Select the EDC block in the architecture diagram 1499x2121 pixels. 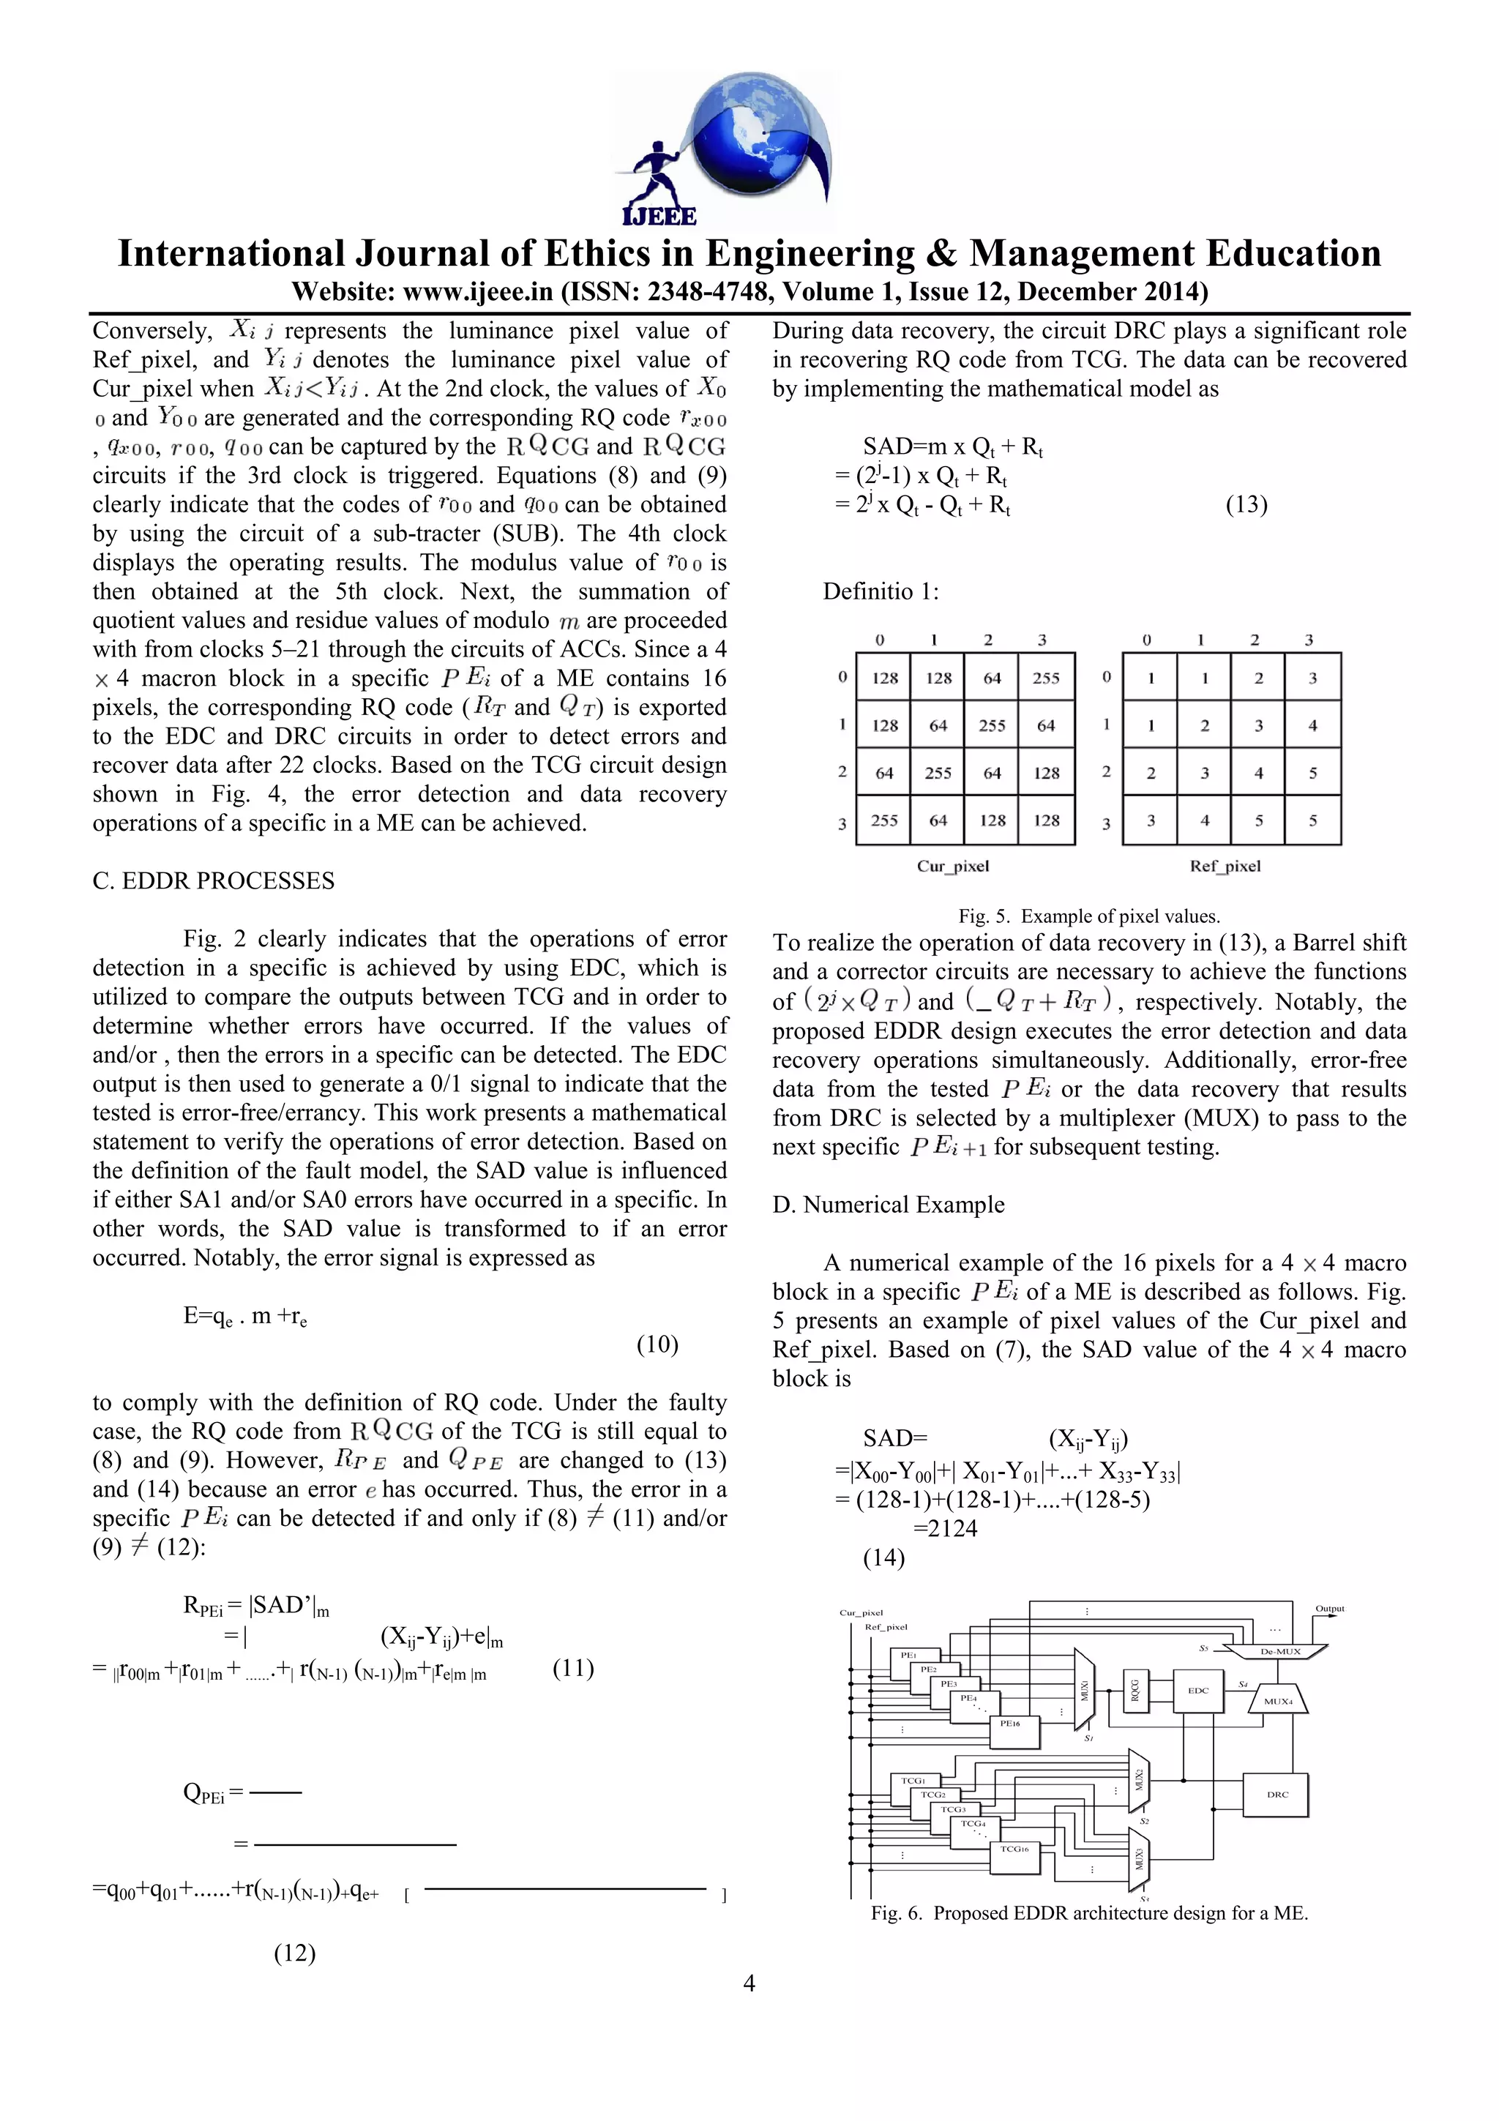point(1198,1690)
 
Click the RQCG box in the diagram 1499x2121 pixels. point(1135,1690)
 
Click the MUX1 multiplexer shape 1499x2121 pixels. point(1083,1690)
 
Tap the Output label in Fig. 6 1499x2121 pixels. point(1329,1608)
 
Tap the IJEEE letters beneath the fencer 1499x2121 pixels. point(659,215)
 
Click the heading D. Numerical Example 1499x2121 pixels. point(888,1205)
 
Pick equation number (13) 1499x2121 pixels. point(1246,504)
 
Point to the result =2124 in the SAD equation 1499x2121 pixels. point(945,1528)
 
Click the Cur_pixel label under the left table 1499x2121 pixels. point(952,866)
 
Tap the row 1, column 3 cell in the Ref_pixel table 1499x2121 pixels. point(1312,725)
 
